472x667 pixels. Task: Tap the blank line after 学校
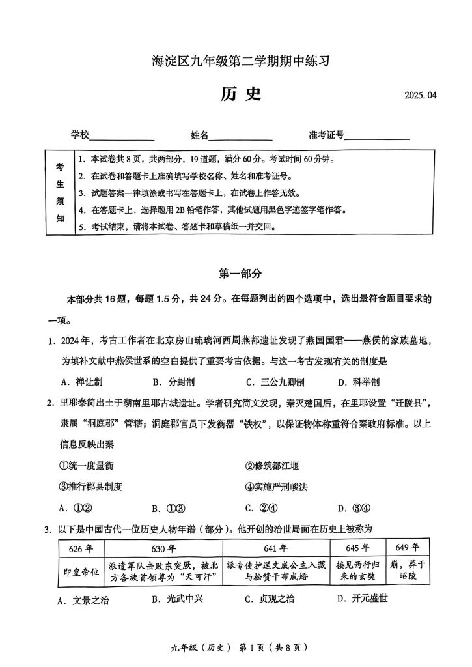122,136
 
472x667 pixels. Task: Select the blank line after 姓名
240,136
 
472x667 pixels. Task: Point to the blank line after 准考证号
377,136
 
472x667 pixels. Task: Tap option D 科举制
359,382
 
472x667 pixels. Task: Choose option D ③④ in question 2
354,509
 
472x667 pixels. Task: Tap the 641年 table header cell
276,548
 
